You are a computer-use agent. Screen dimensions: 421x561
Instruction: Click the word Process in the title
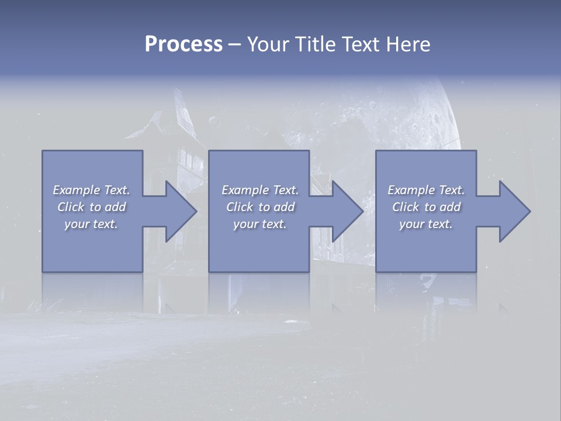click(183, 44)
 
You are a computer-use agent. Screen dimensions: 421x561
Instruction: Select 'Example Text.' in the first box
click(91, 190)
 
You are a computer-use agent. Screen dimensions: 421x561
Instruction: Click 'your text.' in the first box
click(91, 224)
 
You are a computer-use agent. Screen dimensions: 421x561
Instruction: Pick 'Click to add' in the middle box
click(260, 207)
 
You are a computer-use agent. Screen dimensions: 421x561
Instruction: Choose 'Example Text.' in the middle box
click(260, 190)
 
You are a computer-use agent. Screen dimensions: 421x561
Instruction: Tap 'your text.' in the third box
click(426, 224)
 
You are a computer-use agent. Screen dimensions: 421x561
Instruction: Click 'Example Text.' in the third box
click(426, 190)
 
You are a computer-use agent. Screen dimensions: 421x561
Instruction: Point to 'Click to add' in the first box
click(91, 207)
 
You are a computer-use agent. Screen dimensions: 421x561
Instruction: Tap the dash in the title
click(234, 44)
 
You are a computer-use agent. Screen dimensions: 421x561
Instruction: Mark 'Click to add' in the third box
click(426, 207)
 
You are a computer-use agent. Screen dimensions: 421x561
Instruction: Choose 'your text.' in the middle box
click(260, 224)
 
